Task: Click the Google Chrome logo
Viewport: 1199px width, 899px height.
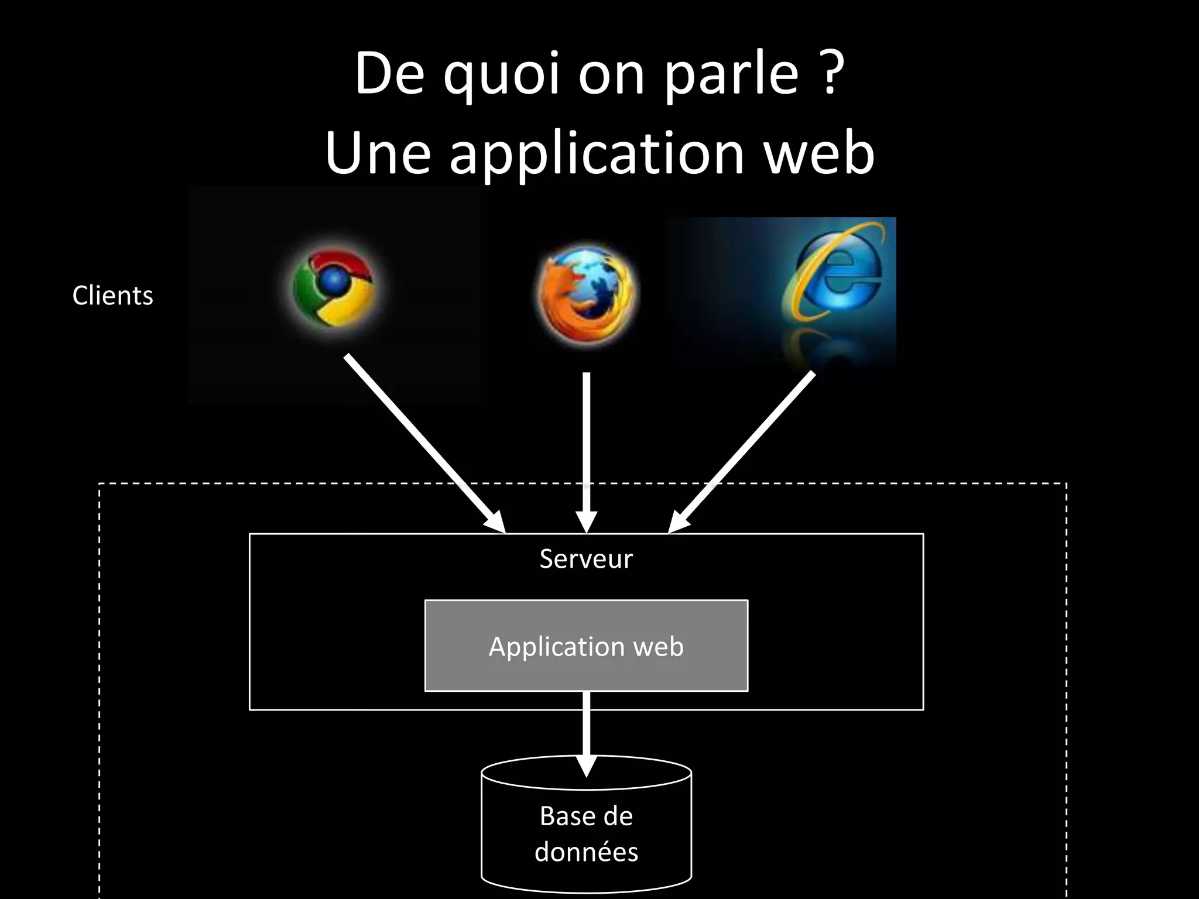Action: click(x=334, y=288)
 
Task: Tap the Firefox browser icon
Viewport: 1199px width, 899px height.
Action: click(x=587, y=293)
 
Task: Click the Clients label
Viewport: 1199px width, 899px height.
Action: click(x=112, y=296)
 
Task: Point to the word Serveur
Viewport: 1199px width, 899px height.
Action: click(x=586, y=559)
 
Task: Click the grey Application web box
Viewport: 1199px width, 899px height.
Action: click(x=586, y=646)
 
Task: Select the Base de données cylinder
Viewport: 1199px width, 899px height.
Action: click(x=586, y=831)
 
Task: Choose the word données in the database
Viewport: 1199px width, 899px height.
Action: click(x=586, y=852)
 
